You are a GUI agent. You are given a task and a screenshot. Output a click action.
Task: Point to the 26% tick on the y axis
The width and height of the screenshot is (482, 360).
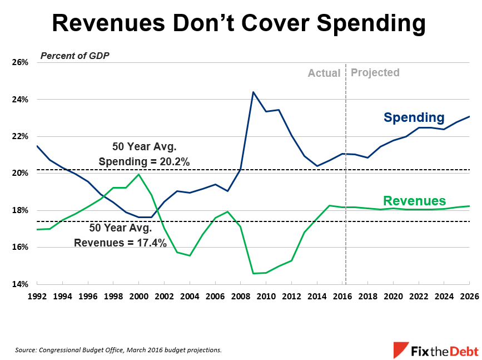point(20,62)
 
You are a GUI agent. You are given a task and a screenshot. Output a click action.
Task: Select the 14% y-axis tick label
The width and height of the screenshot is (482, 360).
point(20,284)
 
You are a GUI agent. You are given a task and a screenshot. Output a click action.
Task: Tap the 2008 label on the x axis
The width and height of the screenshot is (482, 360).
point(240,297)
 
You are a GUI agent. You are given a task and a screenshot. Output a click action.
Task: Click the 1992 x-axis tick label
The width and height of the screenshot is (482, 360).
point(37,297)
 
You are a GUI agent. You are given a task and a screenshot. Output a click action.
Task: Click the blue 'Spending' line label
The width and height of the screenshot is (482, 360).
point(414,118)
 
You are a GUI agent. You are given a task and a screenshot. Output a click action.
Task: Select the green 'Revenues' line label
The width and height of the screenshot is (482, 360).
point(415,201)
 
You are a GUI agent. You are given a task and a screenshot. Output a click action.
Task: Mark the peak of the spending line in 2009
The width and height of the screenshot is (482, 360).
point(253,92)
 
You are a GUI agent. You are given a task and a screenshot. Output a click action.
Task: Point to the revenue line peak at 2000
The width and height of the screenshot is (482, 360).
point(138,175)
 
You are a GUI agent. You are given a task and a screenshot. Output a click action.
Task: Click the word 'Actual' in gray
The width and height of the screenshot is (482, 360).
point(324,73)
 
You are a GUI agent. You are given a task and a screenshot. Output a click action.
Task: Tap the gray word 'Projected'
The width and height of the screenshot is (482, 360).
point(375,72)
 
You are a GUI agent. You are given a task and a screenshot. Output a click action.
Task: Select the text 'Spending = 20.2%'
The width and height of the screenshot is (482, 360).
point(145,162)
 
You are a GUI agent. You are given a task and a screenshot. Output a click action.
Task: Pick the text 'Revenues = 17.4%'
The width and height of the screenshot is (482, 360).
point(120,243)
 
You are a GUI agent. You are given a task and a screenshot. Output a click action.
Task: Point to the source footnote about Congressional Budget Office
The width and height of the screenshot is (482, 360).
point(118,350)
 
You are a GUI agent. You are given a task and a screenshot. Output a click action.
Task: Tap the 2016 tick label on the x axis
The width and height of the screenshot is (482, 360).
point(341,297)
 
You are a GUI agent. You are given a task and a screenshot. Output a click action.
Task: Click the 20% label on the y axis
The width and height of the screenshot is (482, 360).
point(20,174)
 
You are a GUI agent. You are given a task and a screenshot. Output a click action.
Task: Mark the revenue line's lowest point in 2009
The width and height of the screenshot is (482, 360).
point(253,273)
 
